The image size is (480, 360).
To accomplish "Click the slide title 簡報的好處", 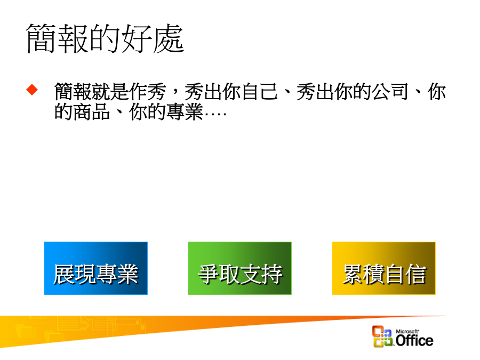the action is pyautogui.click(x=105, y=38).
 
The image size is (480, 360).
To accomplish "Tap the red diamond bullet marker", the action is pyautogui.click(x=32, y=90).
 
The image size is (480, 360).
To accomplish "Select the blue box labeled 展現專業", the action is pyautogui.click(x=96, y=268).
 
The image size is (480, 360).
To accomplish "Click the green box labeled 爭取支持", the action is pyautogui.click(x=239, y=268).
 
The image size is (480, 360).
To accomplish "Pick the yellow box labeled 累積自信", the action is pyautogui.click(x=383, y=268).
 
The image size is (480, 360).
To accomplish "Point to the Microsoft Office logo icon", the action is pyautogui.click(x=382, y=336).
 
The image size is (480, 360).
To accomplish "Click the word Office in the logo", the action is pyautogui.click(x=414, y=340).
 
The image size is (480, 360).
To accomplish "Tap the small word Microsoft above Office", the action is pyautogui.click(x=407, y=331).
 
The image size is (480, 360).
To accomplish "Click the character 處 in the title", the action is pyautogui.click(x=169, y=38).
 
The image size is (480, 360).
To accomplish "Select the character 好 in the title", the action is pyautogui.click(x=137, y=38).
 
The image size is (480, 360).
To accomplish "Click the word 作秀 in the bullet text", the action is pyautogui.click(x=148, y=92).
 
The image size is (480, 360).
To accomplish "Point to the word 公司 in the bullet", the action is pyautogui.click(x=390, y=92).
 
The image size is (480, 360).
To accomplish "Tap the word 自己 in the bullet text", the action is pyautogui.click(x=260, y=92).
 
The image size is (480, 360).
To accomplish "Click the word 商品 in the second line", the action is pyautogui.click(x=92, y=111).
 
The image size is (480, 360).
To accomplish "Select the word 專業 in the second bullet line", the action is pyautogui.click(x=185, y=111).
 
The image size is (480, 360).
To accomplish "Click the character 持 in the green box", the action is pyautogui.click(x=272, y=274).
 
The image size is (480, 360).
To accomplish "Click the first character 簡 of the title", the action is pyautogui.click(x=41, y=38).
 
